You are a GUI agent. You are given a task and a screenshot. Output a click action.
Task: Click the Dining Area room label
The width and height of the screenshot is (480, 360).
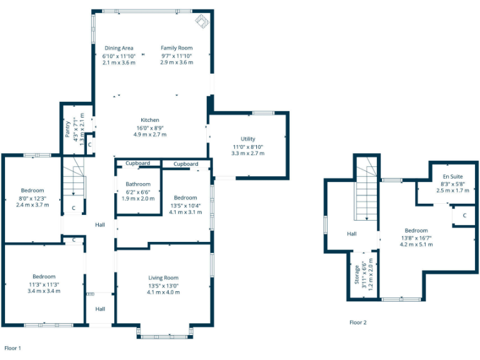click(119, 48)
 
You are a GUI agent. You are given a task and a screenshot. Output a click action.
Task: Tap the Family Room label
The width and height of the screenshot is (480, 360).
click(176, 48)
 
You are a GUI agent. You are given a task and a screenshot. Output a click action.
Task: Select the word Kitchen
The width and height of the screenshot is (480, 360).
click(150, 120)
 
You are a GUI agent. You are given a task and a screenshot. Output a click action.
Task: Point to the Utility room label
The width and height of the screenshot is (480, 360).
click(248, 139)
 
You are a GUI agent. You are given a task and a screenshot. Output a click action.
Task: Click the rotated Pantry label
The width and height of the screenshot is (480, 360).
click(68, 128)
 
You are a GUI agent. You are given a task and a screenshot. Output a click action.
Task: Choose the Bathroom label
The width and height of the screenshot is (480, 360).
click(137, 184)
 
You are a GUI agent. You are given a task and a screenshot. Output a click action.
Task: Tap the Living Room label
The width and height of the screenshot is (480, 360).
click(163, 277)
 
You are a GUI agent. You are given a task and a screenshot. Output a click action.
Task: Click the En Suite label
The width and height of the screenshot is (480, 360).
click(453, 177)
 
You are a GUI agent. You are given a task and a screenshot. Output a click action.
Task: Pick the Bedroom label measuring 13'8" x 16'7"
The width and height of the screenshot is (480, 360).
click(416, 231)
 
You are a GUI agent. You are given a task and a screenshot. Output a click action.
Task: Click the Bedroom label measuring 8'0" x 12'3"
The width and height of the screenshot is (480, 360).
click(32, 191)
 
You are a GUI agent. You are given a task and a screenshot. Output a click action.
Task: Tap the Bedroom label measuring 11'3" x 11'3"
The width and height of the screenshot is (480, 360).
click(44, 276)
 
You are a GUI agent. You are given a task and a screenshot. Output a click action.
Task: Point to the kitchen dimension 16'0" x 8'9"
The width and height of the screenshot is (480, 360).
click(150, 127)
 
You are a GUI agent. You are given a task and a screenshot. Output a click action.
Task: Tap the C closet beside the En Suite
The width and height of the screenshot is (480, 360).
click(464, 216)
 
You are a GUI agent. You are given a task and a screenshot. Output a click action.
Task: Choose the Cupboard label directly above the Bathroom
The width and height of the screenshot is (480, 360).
click(137, 164)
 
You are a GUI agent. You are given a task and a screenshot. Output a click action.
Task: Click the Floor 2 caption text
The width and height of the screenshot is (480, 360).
click(358, 322)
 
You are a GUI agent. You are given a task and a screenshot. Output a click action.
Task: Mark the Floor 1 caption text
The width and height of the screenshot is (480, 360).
click(12, 347)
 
